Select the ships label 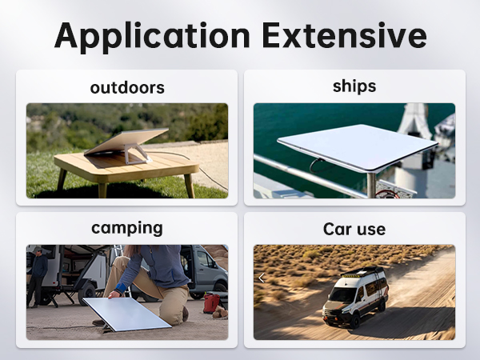354,86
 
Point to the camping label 126,228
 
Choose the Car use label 354,230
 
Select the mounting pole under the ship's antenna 371,182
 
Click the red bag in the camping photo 211,303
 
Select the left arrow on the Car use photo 261,278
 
